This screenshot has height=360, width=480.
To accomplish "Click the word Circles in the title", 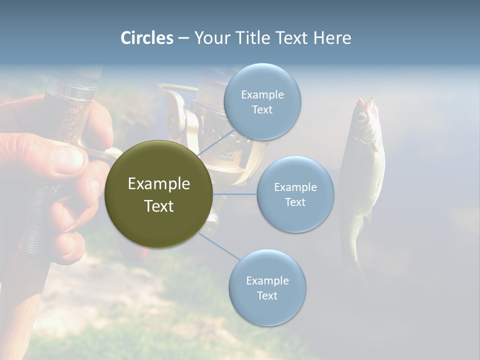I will coord(147,38).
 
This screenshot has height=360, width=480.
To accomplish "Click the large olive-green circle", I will coord(158,194).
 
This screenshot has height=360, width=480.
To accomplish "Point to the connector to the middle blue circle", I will coord(235,194).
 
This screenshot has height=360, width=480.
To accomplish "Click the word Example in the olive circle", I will coord(158,184).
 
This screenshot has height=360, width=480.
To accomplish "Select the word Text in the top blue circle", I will coord(262,109).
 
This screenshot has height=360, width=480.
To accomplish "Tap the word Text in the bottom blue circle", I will coord(267,295).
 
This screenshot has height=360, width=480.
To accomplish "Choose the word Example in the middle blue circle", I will coord(295,187).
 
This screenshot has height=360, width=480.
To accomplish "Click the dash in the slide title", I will coord(183,38).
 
